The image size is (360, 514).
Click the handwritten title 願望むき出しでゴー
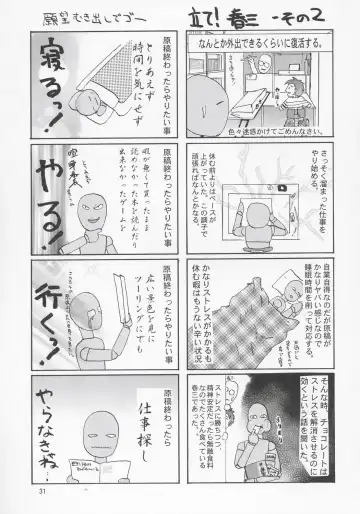(98, 19)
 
